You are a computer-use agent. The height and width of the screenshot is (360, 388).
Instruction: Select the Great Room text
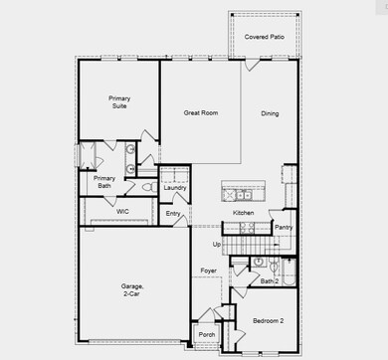[x=201, y=113]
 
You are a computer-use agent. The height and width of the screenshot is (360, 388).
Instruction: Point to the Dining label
[x=270, y=113]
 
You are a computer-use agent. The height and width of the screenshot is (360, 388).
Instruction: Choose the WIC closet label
[x=122, y=212]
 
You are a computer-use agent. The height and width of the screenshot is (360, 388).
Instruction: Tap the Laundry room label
[x=175, y=187]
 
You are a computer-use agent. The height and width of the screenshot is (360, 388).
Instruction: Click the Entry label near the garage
[x=173, y=213]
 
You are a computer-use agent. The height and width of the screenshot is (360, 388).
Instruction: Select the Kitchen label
[x=244, y=213]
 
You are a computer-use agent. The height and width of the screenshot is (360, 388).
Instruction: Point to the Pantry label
[x=283, y=228]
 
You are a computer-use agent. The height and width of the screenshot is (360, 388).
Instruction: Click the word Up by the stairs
[x=217, y=244]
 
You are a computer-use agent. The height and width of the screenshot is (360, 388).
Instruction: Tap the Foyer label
[x=209, y=270]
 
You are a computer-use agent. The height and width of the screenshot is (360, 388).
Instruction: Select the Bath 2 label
[x=268, y=282]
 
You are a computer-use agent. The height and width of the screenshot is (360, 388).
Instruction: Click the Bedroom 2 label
[x=267, y=321]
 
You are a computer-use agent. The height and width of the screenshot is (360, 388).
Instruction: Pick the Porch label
[x=206, y=335]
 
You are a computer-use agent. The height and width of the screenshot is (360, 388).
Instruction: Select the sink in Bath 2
[x=258, y=264]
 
